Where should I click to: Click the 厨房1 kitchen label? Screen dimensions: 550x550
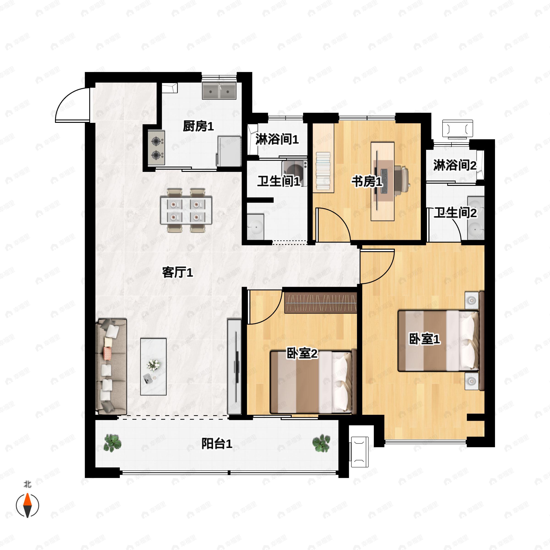click(x=198, y=126)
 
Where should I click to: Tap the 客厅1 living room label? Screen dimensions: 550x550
click(x=177, y=272)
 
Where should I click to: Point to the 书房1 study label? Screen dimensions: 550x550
click(x=367, y=182)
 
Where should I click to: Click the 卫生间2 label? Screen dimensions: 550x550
click(x=455, y=213)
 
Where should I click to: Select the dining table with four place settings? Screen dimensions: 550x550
click(x=186, y=210)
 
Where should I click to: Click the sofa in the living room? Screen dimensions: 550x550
click(x=111, y=367)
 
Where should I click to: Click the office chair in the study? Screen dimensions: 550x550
click(x=401, y=177)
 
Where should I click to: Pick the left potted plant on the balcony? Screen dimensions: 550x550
click(x=113, y=443)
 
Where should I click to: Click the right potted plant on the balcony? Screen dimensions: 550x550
click(x=321, y=443)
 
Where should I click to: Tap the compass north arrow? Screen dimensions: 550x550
click(x=27, y=505)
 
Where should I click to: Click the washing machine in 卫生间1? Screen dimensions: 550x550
click(x=294, y=172)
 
